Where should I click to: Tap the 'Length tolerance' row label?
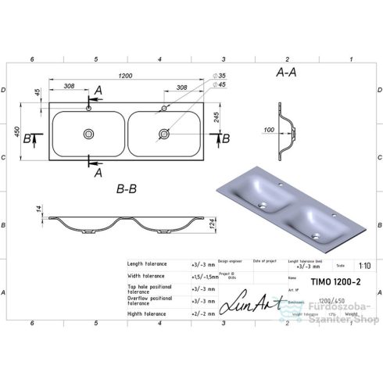(x=149, y=264)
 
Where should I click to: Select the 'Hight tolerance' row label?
(x=148, y=313)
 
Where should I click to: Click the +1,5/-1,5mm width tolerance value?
(x=205, y=276)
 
